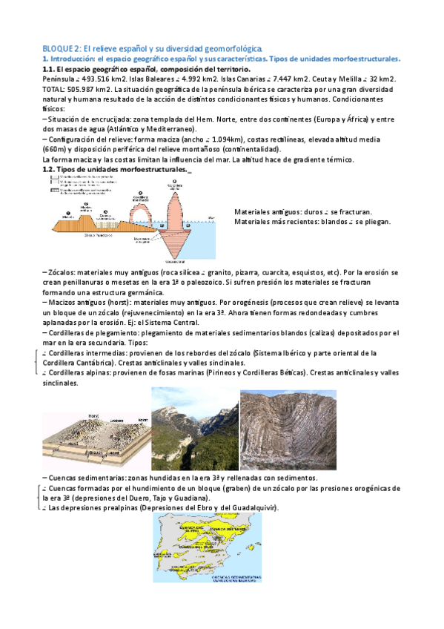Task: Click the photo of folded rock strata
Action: point(288,429)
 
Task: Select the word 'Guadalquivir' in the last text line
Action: point(251,508)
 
